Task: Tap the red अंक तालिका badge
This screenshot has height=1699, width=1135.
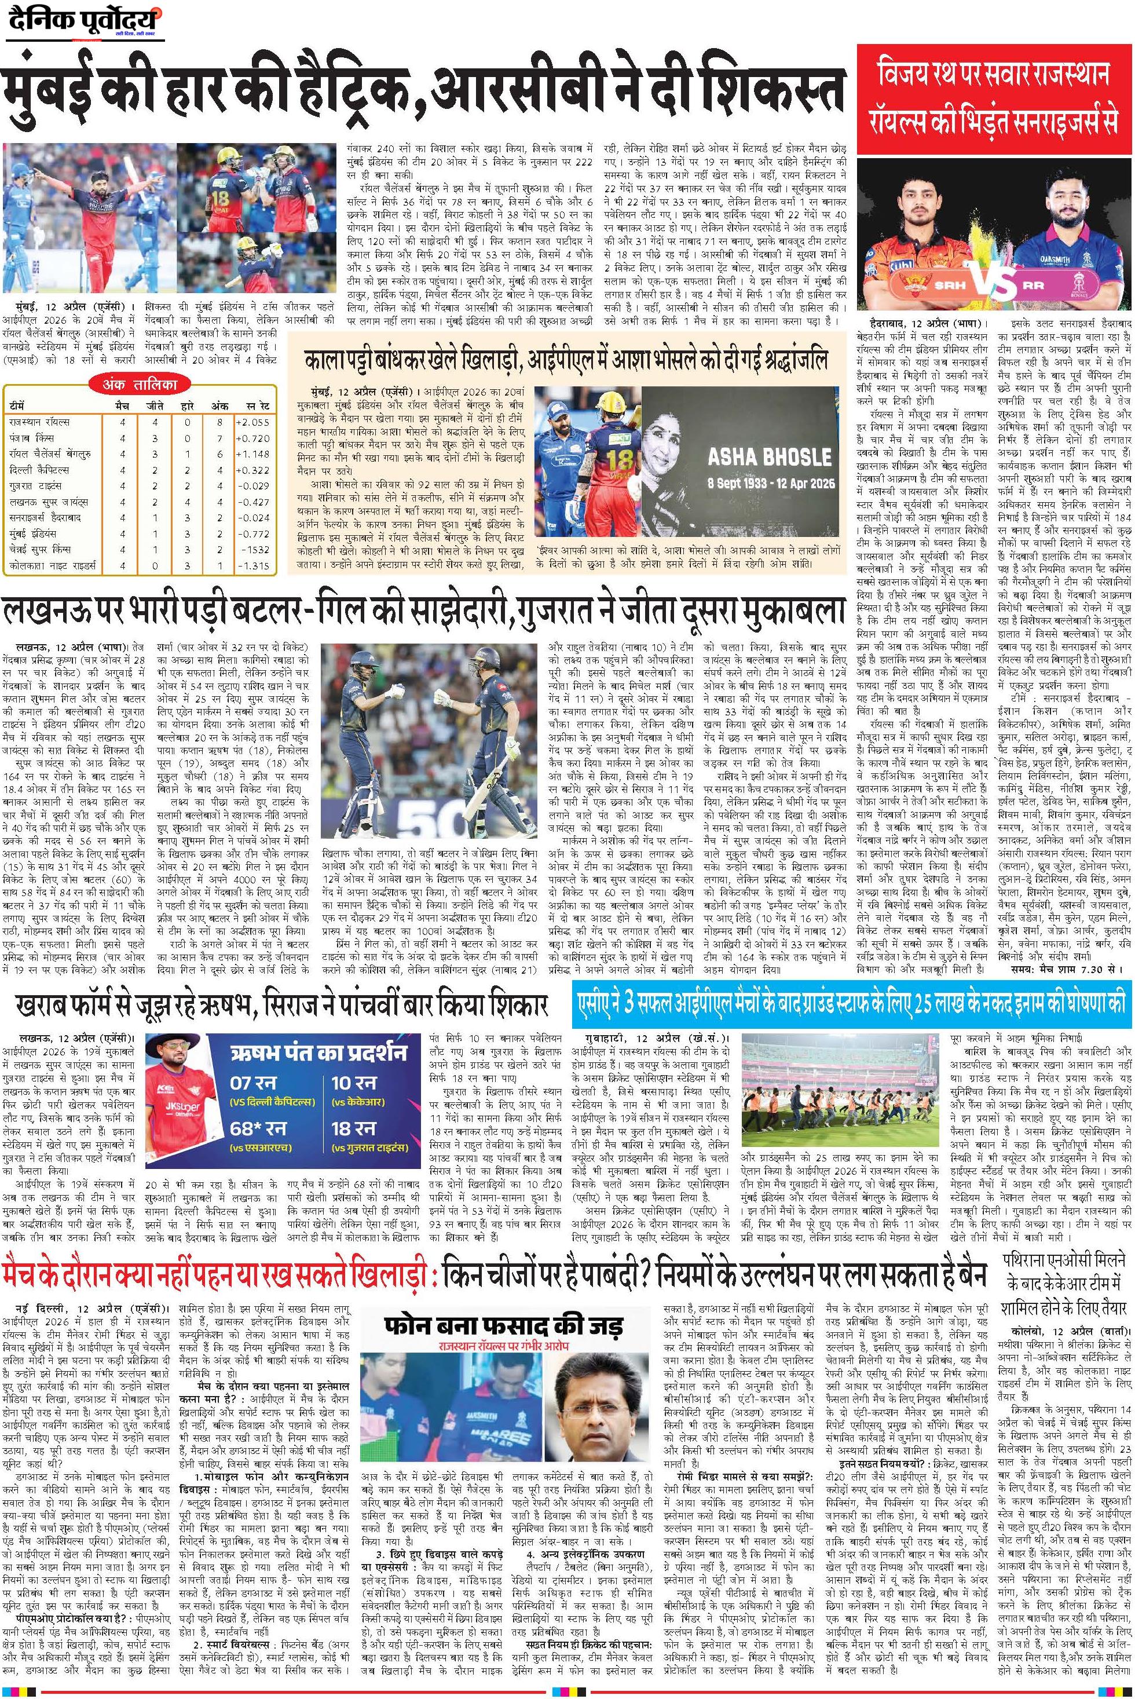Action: tap(140, 386)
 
